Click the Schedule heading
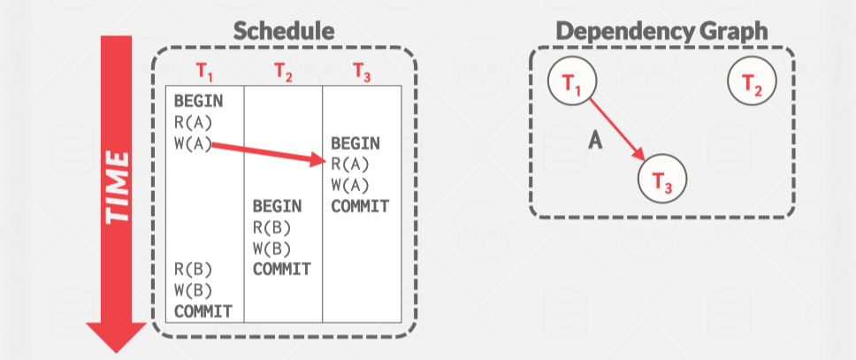coord(284,31)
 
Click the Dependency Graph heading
coord(661,31)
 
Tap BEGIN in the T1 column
coord(199,101)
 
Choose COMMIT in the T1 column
coord(203,310)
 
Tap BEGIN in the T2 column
coord(278,206)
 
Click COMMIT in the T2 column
coord(282,269)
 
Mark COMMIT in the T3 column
coord(360,206)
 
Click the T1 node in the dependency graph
coord(570,84)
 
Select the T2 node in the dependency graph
coord(751,84)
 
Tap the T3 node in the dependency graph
coord(661,181)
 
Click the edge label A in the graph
coord(595,142)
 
